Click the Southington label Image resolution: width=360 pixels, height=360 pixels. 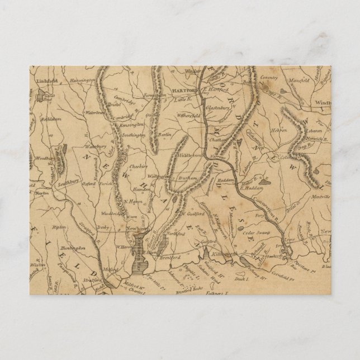pyautogui.click(x=135, y=135)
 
